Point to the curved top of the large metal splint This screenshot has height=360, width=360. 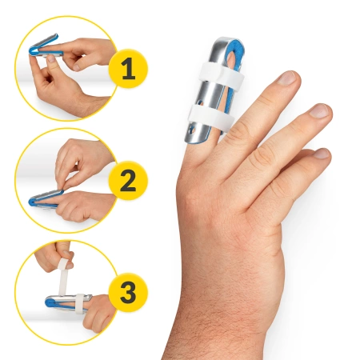click(225, 42)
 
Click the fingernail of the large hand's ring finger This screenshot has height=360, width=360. click(321, 110)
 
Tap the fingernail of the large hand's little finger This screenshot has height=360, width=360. click(322, 154)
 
